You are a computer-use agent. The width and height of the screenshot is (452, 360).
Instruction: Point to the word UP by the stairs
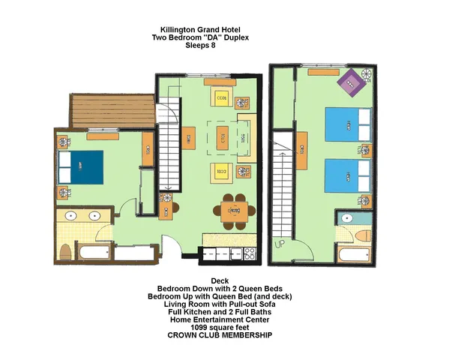pyautogui.click(x=280, y=244)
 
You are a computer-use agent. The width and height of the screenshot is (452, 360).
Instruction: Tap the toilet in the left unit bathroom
pyautogui.click(x=66, y=250)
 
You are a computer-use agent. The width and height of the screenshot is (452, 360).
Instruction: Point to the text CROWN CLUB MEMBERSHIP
pyautogui.click(x=220, y=336)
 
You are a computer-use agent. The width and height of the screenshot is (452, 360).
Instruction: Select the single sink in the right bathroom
pyautogui.click(x=346, y=219)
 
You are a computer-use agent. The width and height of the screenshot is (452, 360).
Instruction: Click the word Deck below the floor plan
pyautogui.click(x=220, y=280)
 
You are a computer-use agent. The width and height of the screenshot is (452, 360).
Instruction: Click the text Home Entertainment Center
pyautogui.click(x=220, y=320)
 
